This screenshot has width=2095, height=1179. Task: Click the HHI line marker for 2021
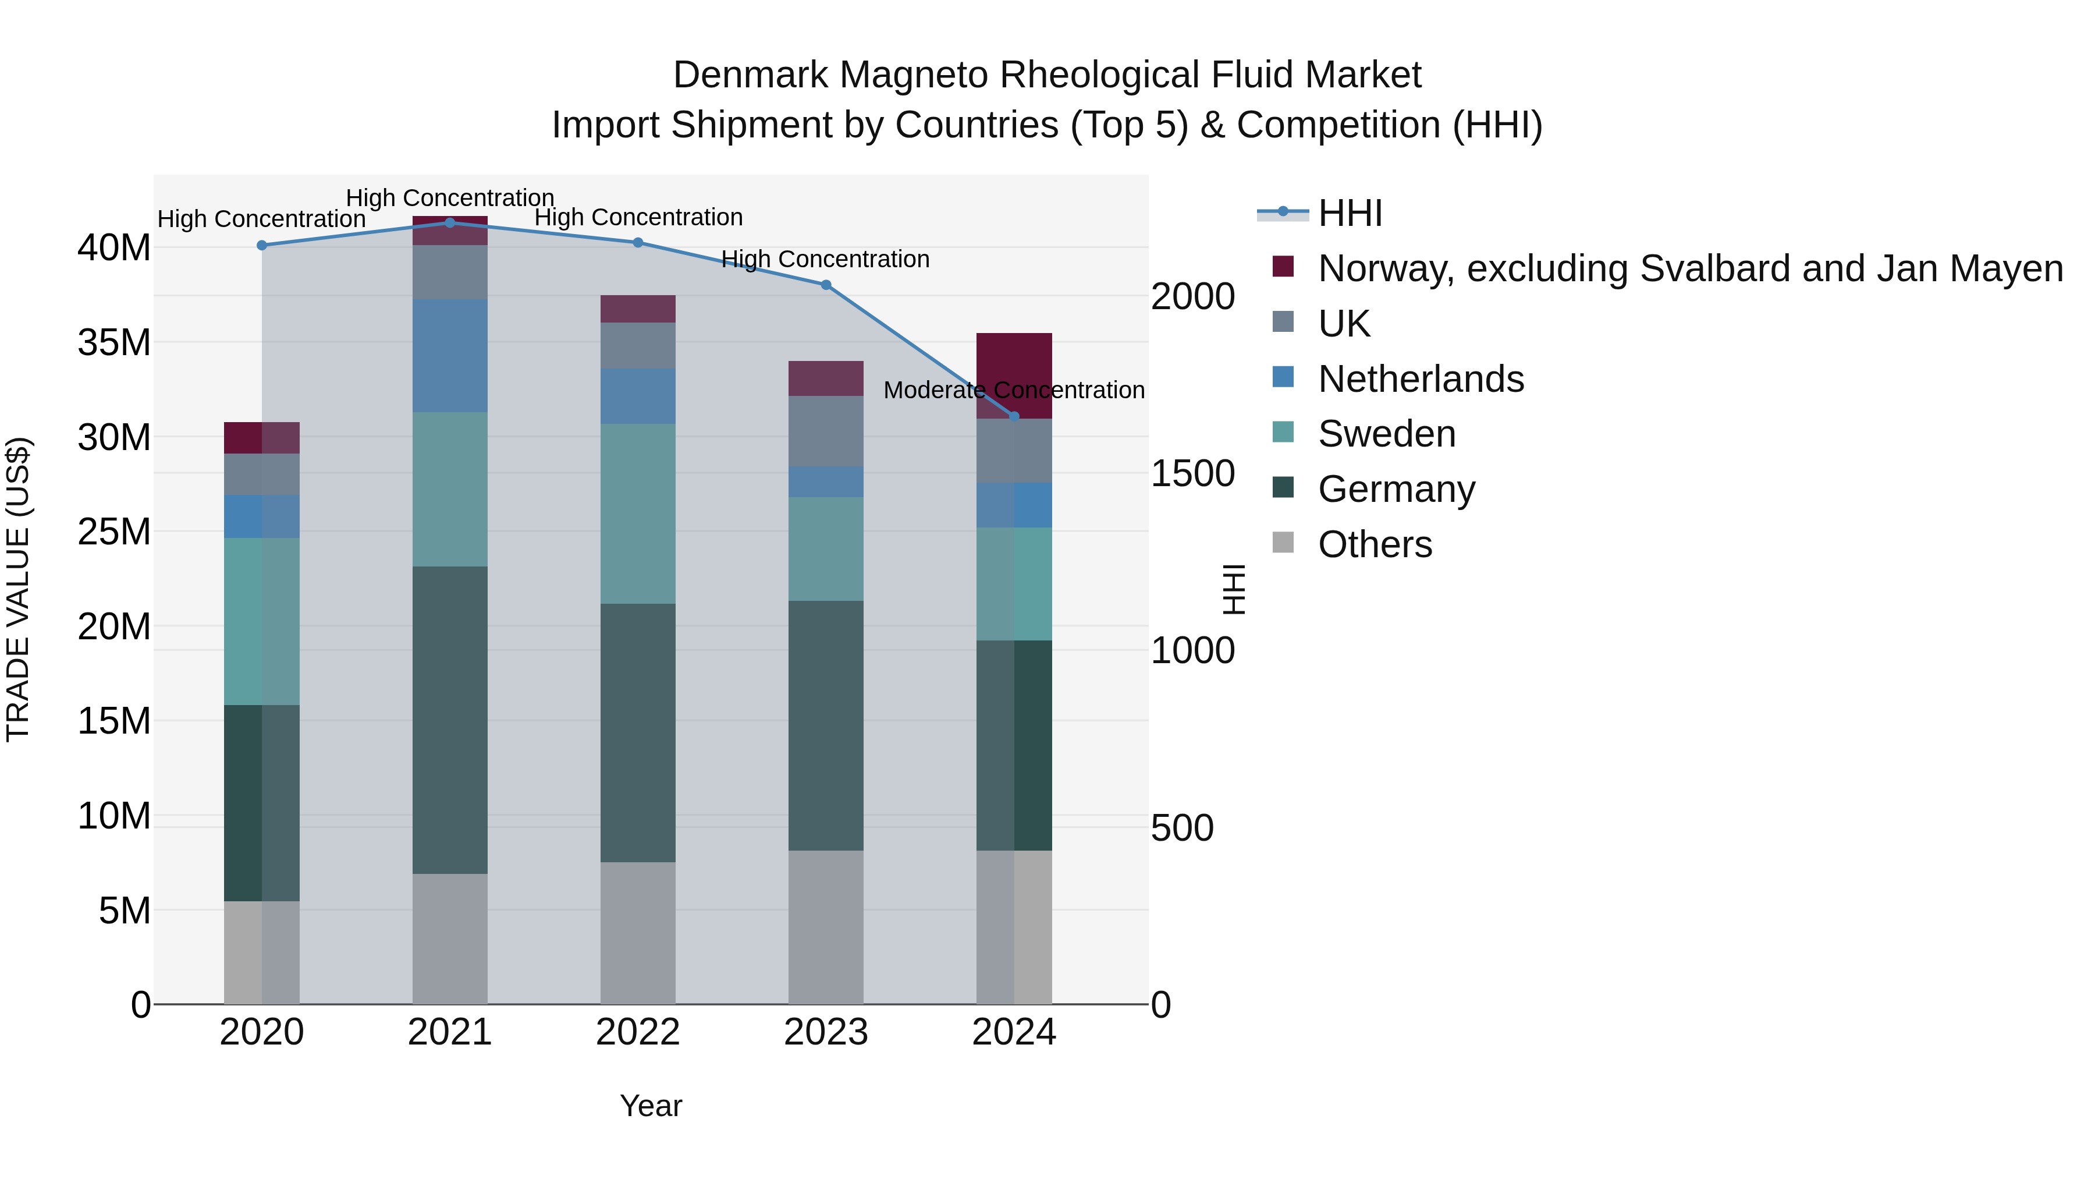coord(450,223)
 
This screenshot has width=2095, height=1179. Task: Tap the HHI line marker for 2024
coord(1014,417)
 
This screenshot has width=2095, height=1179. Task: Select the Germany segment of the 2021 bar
coord(450,720)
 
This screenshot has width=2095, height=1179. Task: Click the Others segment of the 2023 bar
coord(825,927)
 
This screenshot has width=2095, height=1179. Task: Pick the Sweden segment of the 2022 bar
coord(638,514)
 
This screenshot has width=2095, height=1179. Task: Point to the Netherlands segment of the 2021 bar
coord(450,356)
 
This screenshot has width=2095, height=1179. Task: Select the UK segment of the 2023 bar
coord(825,431)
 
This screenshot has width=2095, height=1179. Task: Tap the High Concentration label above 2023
coord(825,260)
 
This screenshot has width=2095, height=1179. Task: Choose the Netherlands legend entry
coord(1420,379)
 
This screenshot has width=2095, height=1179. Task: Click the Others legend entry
coord(1375,544)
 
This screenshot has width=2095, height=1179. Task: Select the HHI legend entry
coord(1350,213)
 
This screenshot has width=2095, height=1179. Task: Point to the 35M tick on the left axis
coord(114,342)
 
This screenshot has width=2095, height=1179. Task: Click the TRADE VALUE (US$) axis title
coord(18,589)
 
